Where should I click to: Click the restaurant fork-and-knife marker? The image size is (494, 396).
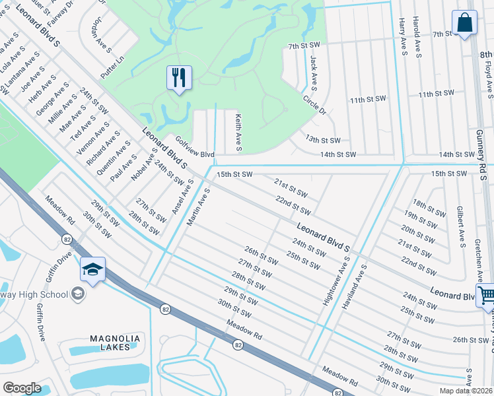click(x=180, y=79)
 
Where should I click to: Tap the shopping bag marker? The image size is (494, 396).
click(x=465, y=23)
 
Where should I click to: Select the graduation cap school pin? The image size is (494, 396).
click(x=93, y=269)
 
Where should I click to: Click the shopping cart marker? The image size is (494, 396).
click(x=486, y=296)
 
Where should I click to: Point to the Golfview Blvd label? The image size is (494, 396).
click(x=195, y=147)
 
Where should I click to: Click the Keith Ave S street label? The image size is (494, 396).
click(x=238, y=130)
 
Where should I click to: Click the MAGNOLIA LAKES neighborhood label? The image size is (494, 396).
click(x=115, y=343)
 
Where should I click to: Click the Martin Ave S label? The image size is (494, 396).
click(x=197, y=207)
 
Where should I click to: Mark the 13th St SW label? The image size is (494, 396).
click(x=323, y=140)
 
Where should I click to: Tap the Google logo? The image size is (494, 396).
click(x=22, y=388)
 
